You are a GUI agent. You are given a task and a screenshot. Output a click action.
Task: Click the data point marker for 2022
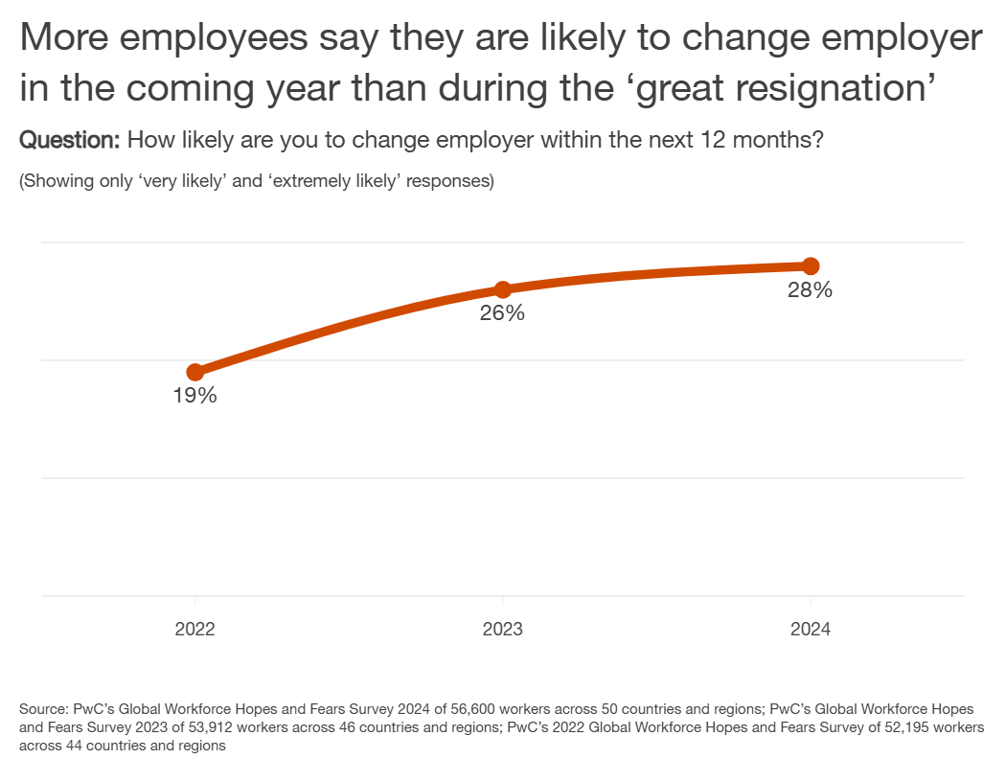195,372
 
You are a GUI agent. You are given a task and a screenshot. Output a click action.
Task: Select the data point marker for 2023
503,289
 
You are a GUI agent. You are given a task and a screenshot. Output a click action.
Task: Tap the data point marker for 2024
811,265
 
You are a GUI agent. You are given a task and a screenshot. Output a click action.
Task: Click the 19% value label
195,396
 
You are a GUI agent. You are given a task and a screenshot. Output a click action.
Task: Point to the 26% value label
503,313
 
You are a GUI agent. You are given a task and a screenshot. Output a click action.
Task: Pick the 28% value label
811,290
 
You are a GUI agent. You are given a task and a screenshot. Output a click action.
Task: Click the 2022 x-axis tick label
195,630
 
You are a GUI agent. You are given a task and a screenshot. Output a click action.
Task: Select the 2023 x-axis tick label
503,630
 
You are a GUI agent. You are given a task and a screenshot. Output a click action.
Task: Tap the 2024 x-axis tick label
811,630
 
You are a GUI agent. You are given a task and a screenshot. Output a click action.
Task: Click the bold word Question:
70,140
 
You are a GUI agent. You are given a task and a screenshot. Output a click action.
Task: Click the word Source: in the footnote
43,710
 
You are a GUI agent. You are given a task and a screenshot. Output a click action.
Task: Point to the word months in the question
766,140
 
